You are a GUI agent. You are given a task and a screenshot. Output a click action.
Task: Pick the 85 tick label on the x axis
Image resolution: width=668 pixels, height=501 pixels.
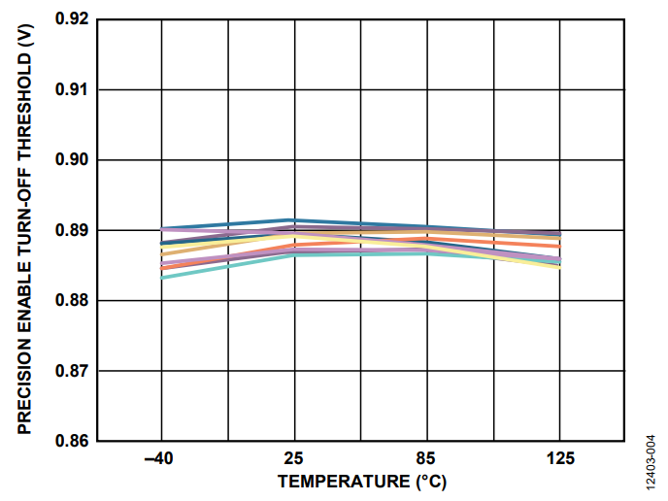click(425, 458)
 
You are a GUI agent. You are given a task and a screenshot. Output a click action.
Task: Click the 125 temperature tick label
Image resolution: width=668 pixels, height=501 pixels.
click(557, 458)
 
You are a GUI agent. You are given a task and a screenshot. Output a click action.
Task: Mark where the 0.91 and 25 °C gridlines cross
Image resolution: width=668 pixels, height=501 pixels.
click(293, 89)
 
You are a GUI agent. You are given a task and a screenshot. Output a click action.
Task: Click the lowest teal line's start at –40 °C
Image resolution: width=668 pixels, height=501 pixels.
click(162, 278)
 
